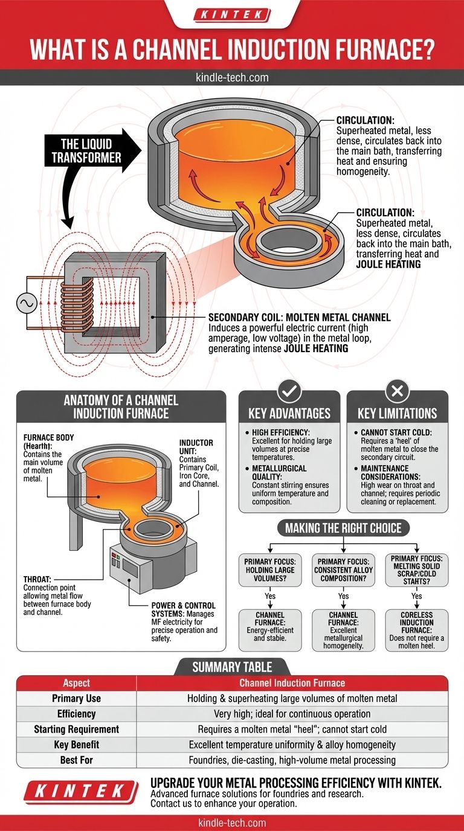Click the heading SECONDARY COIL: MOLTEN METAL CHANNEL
tap(299, 317)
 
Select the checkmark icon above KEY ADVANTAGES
tap(289, 392)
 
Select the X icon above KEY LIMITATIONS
tap(397, 392)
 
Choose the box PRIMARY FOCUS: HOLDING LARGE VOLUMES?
tap(269, 570)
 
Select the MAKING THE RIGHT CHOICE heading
tap(344, 527)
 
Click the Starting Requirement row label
tap(76, 729)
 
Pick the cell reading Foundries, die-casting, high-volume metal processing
tap(292, 760)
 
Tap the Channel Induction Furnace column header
tap(292, 683)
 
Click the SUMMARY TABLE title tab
tap(232, 667)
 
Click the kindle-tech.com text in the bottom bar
tap(232, 823)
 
